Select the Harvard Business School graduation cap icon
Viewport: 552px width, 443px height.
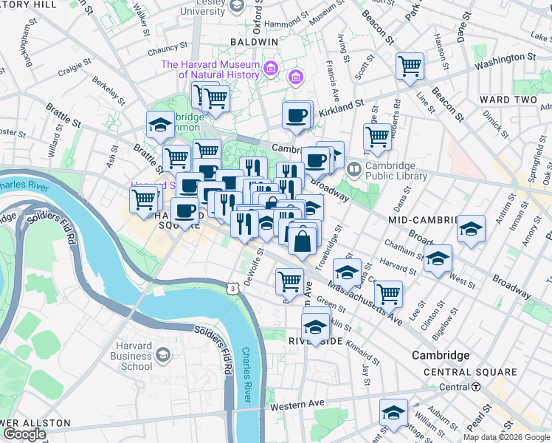tap(160, 356)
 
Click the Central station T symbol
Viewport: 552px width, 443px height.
tap(476, 387)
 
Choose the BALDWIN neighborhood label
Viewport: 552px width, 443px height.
tap(253, 42)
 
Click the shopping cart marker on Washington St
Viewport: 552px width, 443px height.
tap(410, 66)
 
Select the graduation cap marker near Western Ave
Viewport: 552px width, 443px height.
tap(393, 413)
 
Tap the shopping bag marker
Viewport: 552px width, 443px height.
tap(303, 240)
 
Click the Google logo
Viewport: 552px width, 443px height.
tap(25, 434)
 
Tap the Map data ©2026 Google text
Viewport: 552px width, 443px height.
tap(506, 437)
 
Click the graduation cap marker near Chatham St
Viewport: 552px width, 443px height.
tap(438, 259)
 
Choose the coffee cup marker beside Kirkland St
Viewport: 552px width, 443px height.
tap(297, 115)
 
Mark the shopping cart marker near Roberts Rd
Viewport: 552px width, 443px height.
tap(377, 137)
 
